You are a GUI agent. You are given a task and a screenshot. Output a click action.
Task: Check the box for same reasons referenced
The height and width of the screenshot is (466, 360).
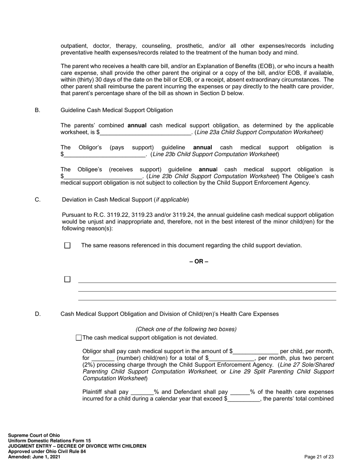(67, 246)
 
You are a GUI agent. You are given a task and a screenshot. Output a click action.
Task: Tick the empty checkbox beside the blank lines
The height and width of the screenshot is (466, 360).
(67, 279)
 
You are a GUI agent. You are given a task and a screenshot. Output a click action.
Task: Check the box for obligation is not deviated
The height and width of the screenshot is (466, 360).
(79, 338)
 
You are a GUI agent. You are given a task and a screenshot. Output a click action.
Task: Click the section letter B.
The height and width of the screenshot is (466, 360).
(38, 110)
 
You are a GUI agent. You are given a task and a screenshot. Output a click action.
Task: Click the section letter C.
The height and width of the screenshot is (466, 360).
(38, 200)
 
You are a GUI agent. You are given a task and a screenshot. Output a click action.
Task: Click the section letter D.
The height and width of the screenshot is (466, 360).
(38, 314)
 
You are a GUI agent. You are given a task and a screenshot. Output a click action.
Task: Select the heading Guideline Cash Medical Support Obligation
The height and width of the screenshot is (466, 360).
(116, 110)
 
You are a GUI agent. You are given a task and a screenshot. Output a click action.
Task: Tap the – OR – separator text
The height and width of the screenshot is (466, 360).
(199, 261)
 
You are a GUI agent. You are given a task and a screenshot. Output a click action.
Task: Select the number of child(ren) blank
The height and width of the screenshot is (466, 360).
(103, 358)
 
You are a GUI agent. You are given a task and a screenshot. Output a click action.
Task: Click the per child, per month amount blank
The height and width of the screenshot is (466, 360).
(256, 352)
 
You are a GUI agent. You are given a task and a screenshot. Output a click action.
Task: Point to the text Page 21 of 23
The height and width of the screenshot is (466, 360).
(319, 457)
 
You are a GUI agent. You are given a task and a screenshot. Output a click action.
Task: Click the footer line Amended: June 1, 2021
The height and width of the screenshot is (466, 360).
(34, 457)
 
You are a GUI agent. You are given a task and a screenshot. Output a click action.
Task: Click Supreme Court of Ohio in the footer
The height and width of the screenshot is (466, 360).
(34, 435)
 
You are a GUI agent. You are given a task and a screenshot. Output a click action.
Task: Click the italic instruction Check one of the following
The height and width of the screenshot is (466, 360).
(186, 329)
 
